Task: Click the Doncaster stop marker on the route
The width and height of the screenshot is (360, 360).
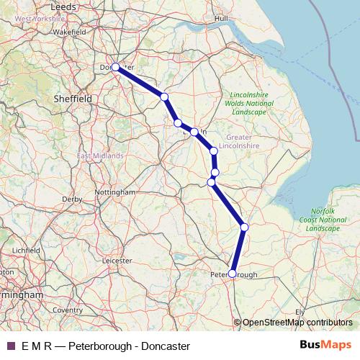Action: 115,67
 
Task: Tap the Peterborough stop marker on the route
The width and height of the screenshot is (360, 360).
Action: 232,273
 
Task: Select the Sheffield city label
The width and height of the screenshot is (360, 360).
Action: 72,97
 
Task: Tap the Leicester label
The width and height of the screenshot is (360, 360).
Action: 120,259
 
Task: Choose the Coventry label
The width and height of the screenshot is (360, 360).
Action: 68,310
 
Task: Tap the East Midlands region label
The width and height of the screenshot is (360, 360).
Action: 100,156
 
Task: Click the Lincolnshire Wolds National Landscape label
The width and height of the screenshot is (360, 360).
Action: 252,104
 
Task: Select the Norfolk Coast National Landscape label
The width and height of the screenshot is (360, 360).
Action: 322,218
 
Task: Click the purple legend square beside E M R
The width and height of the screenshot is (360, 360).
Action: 10,346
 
